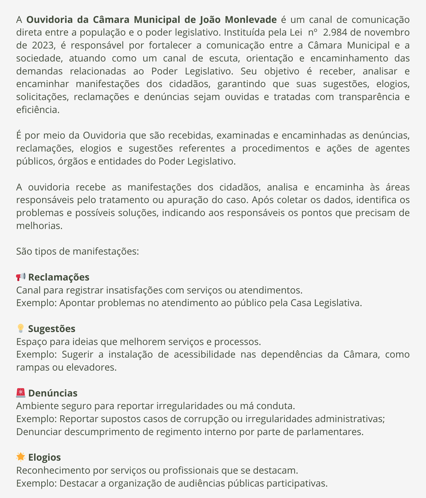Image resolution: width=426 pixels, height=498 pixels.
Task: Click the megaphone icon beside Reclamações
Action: coord(21,277)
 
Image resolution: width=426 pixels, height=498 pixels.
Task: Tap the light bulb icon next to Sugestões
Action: coord(21,328)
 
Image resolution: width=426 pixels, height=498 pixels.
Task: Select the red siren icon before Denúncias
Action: coord(21,393)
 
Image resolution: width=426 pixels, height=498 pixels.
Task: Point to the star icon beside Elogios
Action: coord(21,457)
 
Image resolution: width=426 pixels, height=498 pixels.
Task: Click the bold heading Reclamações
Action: coord(59,277)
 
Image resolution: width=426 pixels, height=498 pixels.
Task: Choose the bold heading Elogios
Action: coord(45,457)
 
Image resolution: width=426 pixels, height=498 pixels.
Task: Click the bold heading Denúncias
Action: coord(53,393)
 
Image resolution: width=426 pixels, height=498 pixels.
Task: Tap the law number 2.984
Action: coord(335,32)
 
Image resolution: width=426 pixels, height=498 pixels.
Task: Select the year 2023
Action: coord(43,45)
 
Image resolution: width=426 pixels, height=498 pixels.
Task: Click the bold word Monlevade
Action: coord(251,20)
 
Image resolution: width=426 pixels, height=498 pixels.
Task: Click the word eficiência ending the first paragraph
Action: coord(38,110)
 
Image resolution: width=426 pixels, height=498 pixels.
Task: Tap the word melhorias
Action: coord(39,226)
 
